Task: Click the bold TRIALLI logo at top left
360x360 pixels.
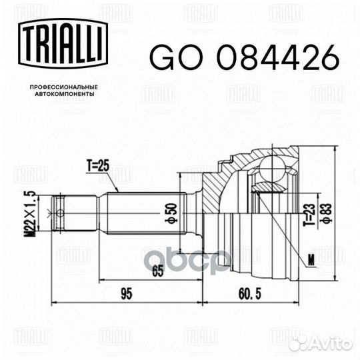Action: pos(63,43)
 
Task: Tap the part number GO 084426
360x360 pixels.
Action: pos(244,57)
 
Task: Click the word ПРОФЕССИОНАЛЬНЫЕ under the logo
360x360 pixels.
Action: pos(64,87)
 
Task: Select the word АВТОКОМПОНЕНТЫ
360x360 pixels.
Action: pos(65,94)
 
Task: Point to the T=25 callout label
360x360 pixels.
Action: pos(97,166)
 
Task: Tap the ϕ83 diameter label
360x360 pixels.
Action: pos(326,213)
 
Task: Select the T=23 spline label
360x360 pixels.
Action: pos(309,215)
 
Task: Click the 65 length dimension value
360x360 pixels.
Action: pos(158,271)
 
